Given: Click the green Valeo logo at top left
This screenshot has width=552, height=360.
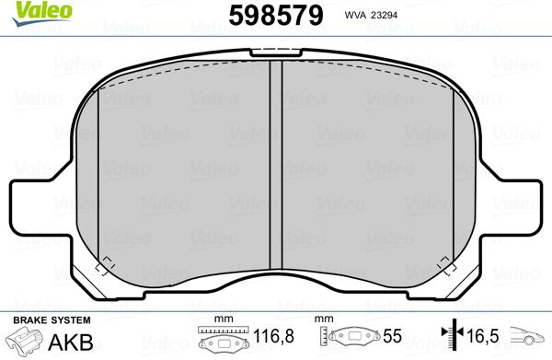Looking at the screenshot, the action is point(42,14).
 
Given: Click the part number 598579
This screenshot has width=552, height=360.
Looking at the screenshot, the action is point(276,16).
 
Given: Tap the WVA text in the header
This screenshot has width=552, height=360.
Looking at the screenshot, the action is point(355,15).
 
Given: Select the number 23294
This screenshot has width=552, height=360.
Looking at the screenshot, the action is point(384,15).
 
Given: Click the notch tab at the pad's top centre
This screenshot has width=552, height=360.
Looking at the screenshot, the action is point(276,52).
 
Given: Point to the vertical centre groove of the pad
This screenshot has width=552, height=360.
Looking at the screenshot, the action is point(276,165).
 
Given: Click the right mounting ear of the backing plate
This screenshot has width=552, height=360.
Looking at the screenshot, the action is point(514,207).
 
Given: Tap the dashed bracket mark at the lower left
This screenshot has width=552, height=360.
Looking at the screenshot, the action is point(105,266).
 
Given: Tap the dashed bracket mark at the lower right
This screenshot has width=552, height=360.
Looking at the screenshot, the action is point(446,266).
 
